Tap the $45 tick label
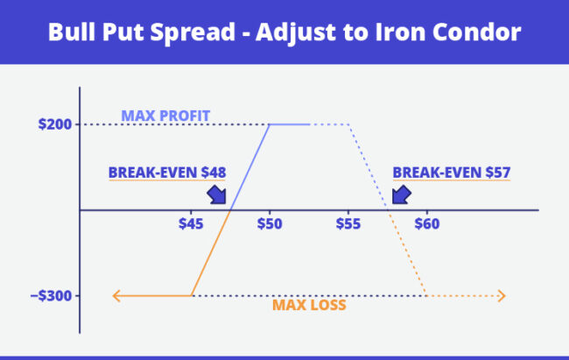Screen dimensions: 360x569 191,224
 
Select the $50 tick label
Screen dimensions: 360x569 270,224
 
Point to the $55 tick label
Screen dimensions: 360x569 348,224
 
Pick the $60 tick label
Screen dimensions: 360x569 427,224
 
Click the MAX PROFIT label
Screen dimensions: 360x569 165,116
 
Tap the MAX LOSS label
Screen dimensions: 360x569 309,306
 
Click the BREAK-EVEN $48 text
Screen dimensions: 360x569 166,173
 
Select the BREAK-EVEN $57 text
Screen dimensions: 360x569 451,173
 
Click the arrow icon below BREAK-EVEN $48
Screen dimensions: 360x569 215,194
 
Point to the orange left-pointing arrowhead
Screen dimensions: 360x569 116,295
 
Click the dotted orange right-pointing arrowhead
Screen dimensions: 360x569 501,295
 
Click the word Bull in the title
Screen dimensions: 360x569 68,32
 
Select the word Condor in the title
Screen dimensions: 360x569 479,32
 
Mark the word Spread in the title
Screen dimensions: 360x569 194,33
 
